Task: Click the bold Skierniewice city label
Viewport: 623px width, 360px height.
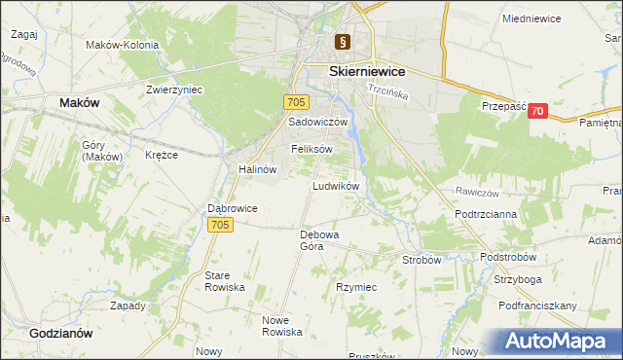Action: [x=367, y=71]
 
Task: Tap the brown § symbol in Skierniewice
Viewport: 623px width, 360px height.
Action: [x=343, y=42]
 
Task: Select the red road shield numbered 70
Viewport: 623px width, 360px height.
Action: [x=538, y=112]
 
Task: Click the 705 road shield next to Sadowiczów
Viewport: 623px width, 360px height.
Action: [x=297, y=102]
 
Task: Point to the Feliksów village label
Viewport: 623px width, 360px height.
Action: [x=312, y=149]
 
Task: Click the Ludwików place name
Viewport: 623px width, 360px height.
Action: [x=336, y=185]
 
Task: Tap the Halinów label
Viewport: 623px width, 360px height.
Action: [x=258, y=168]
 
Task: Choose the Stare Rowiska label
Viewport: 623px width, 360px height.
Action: [x=224, y=282]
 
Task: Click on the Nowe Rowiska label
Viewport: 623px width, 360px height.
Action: [x=283, y=326]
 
